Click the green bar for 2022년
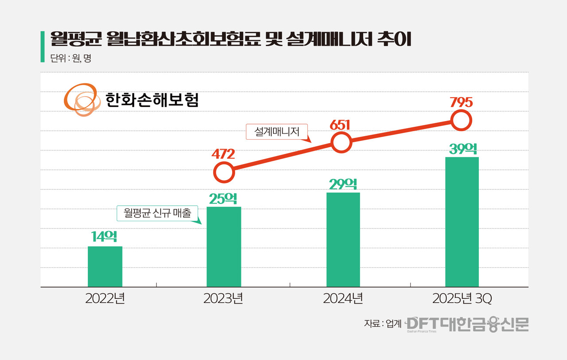coord(105,266)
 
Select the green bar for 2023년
coord(224,247)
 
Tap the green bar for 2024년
coord(343,240)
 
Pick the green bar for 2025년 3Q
coord(462,222)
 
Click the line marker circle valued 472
coord(224,172)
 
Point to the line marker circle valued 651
coord(342,143)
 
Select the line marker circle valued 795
coord(461,120)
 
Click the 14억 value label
coord(105,237)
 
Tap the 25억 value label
coord(224,198)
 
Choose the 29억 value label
coord(343,184)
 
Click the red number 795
coord(461,102)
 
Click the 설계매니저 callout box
coord(277,131)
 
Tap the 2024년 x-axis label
coord(343,299)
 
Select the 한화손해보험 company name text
coord(152,100)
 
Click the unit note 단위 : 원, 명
coord(71,58)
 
